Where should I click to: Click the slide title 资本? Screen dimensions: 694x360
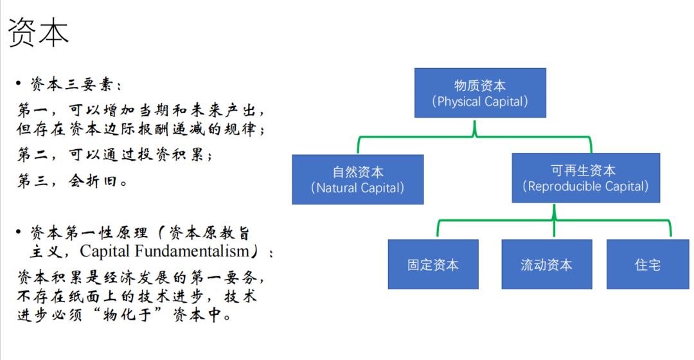[38, 32]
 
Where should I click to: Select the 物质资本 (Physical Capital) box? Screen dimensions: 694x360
[480, 93]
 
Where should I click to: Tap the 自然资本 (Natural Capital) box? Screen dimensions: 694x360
[358, 179]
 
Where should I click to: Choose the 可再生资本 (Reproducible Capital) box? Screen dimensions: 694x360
[586, 178]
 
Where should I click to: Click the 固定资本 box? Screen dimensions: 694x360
[433, 264]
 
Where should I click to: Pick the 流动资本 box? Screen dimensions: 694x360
[547, 264]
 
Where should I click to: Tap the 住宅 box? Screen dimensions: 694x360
[648, 264]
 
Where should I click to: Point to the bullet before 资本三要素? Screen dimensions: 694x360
[19, 83]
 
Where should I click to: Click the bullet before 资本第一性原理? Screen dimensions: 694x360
[19, 231]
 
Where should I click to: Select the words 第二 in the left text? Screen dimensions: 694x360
[33, 154]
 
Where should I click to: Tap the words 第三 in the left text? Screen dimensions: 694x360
[33, 181]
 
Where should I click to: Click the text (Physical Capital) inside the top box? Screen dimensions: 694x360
[480, 102]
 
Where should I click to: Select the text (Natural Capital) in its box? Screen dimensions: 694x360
[358, 188]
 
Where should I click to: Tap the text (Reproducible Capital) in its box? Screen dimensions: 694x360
[585, 186]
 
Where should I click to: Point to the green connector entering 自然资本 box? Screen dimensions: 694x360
[359, 145]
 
